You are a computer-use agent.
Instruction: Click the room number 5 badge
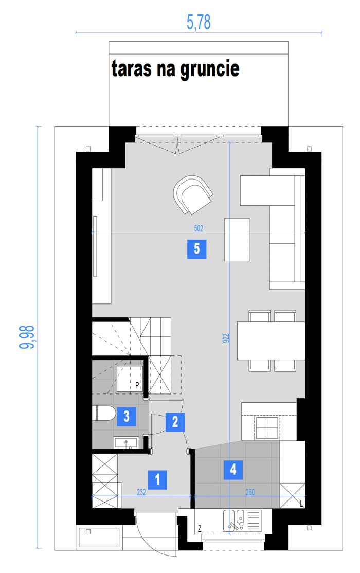(196, 249)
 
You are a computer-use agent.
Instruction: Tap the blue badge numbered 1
(157, 479)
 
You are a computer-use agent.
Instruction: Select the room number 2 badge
(175, 422)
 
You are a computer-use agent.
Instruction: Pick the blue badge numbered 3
(127, 417)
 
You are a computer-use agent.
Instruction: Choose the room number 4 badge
(233, 470)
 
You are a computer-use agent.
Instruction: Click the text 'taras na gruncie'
(175, 69)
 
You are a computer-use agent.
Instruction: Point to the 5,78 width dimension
(199, 22)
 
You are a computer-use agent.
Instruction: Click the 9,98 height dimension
(27, 337)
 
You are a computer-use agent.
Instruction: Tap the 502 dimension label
(199, 228)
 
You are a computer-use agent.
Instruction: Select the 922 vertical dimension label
(226, 338)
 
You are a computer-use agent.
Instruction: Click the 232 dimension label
(141, 492)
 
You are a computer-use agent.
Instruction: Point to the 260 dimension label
(250, 492)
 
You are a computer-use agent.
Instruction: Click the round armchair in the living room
(193, 194)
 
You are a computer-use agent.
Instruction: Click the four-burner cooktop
(267, 427)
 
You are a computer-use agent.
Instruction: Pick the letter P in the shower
(137, 385)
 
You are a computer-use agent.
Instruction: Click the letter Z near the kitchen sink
(200, 528)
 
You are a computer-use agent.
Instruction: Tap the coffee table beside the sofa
(237, 240)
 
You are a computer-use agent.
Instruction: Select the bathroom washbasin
(125, 442)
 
